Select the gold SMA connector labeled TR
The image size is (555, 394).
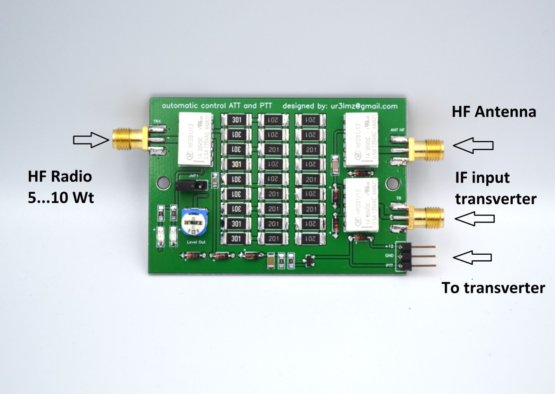coord(427,217)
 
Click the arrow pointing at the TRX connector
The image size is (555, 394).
coord(91,140)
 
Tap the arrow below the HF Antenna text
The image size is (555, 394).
coord(473,145)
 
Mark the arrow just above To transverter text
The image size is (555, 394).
coord(472,257)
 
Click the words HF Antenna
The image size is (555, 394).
coord(494,112)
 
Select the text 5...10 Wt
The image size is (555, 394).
coord(61,198)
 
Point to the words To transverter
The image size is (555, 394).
coord(493,288)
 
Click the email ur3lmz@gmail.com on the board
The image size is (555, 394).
coord(361,106)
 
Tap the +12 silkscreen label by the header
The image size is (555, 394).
coord(389,246)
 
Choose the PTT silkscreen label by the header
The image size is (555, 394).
coord(389,266)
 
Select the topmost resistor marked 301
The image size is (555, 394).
coord(237,120)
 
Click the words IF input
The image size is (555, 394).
coord(482,178)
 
